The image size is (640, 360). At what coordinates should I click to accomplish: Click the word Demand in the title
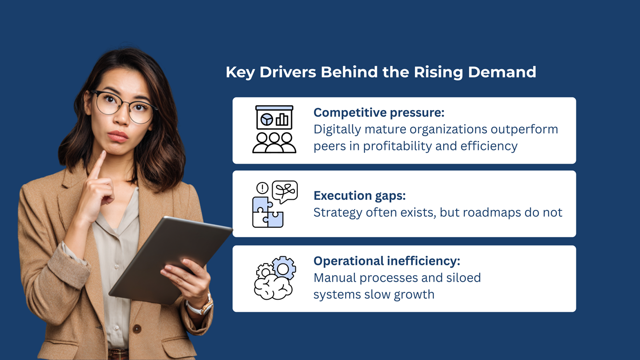502,72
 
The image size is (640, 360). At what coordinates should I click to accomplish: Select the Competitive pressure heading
379,112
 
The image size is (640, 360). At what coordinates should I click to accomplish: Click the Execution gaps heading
360,196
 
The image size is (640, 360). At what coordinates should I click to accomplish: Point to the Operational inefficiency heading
387,261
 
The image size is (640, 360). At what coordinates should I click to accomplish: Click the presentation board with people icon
274,129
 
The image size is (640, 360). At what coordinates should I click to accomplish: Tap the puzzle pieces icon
268,212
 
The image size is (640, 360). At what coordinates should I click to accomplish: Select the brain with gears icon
275,277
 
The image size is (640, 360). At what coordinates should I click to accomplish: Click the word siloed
463,277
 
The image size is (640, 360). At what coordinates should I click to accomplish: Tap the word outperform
524,130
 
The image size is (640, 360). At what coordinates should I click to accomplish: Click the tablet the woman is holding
170,260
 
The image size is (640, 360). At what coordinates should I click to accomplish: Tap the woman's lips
117,137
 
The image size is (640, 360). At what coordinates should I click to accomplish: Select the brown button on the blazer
137,329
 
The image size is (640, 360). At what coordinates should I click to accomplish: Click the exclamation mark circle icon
262,188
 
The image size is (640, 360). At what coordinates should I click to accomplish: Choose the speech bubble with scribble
285,192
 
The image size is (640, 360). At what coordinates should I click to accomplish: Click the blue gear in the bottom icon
284,268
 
